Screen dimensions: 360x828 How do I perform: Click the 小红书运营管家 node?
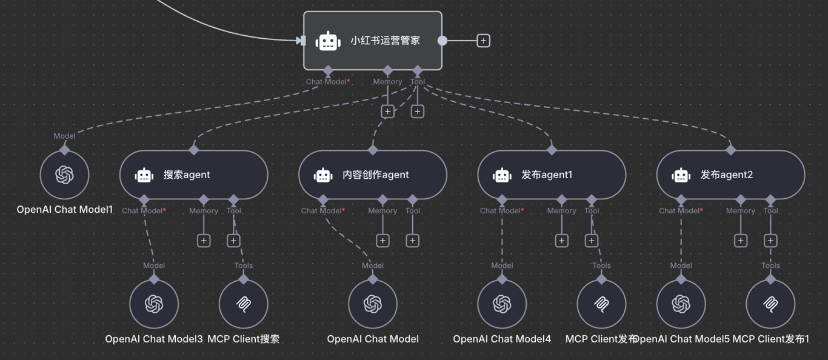pyautogui.click(x=372, y=41)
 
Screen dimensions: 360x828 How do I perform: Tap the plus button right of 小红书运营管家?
pyautogui.click(x=483, y=41)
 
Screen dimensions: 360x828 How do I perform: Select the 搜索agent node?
pyautogui.click(x=193, y=175)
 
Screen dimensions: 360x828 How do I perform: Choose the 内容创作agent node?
pyautogui.click(x=372, y=175)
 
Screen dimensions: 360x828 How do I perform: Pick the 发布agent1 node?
pyautogui.click(x=551, y=175)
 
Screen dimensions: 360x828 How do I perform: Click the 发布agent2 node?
pyautogui.click(x=730, y=175)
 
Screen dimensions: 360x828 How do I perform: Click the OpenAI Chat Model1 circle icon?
pyautogui.click(x=64, y=175)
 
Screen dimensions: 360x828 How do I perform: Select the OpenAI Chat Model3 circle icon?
pyautogui.click(x=154, y=304)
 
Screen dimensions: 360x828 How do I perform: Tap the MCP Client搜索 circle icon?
pyautogui.click(x=243, y=304)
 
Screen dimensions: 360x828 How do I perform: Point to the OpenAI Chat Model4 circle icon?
pyautogui.click(x=502, y=304)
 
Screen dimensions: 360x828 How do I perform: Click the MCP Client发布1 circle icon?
pyautogui.click(x=770, y=304)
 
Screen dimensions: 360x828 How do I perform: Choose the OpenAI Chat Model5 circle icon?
pyautogui.click(x=681, y=304)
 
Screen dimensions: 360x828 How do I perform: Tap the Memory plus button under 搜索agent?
pyautogui.click(x=204, y=241)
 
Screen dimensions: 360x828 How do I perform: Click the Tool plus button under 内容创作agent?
pyautogui.click(x=413, y=241)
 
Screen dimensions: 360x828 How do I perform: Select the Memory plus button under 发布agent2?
pyautogui.click(x=741, y=241)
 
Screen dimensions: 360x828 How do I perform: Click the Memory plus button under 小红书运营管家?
pyautogui.click(x=387, y=112)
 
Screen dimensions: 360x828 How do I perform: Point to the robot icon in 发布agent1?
pyautogui.click(x=502, y=175)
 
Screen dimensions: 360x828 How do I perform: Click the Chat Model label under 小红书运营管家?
pyautogui.click(x=327, y=82)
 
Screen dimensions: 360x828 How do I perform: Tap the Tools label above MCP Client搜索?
pyautogui.click(x=243, y=265)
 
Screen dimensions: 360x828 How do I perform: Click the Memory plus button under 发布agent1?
pyautogui.click(x=562, y=241)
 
